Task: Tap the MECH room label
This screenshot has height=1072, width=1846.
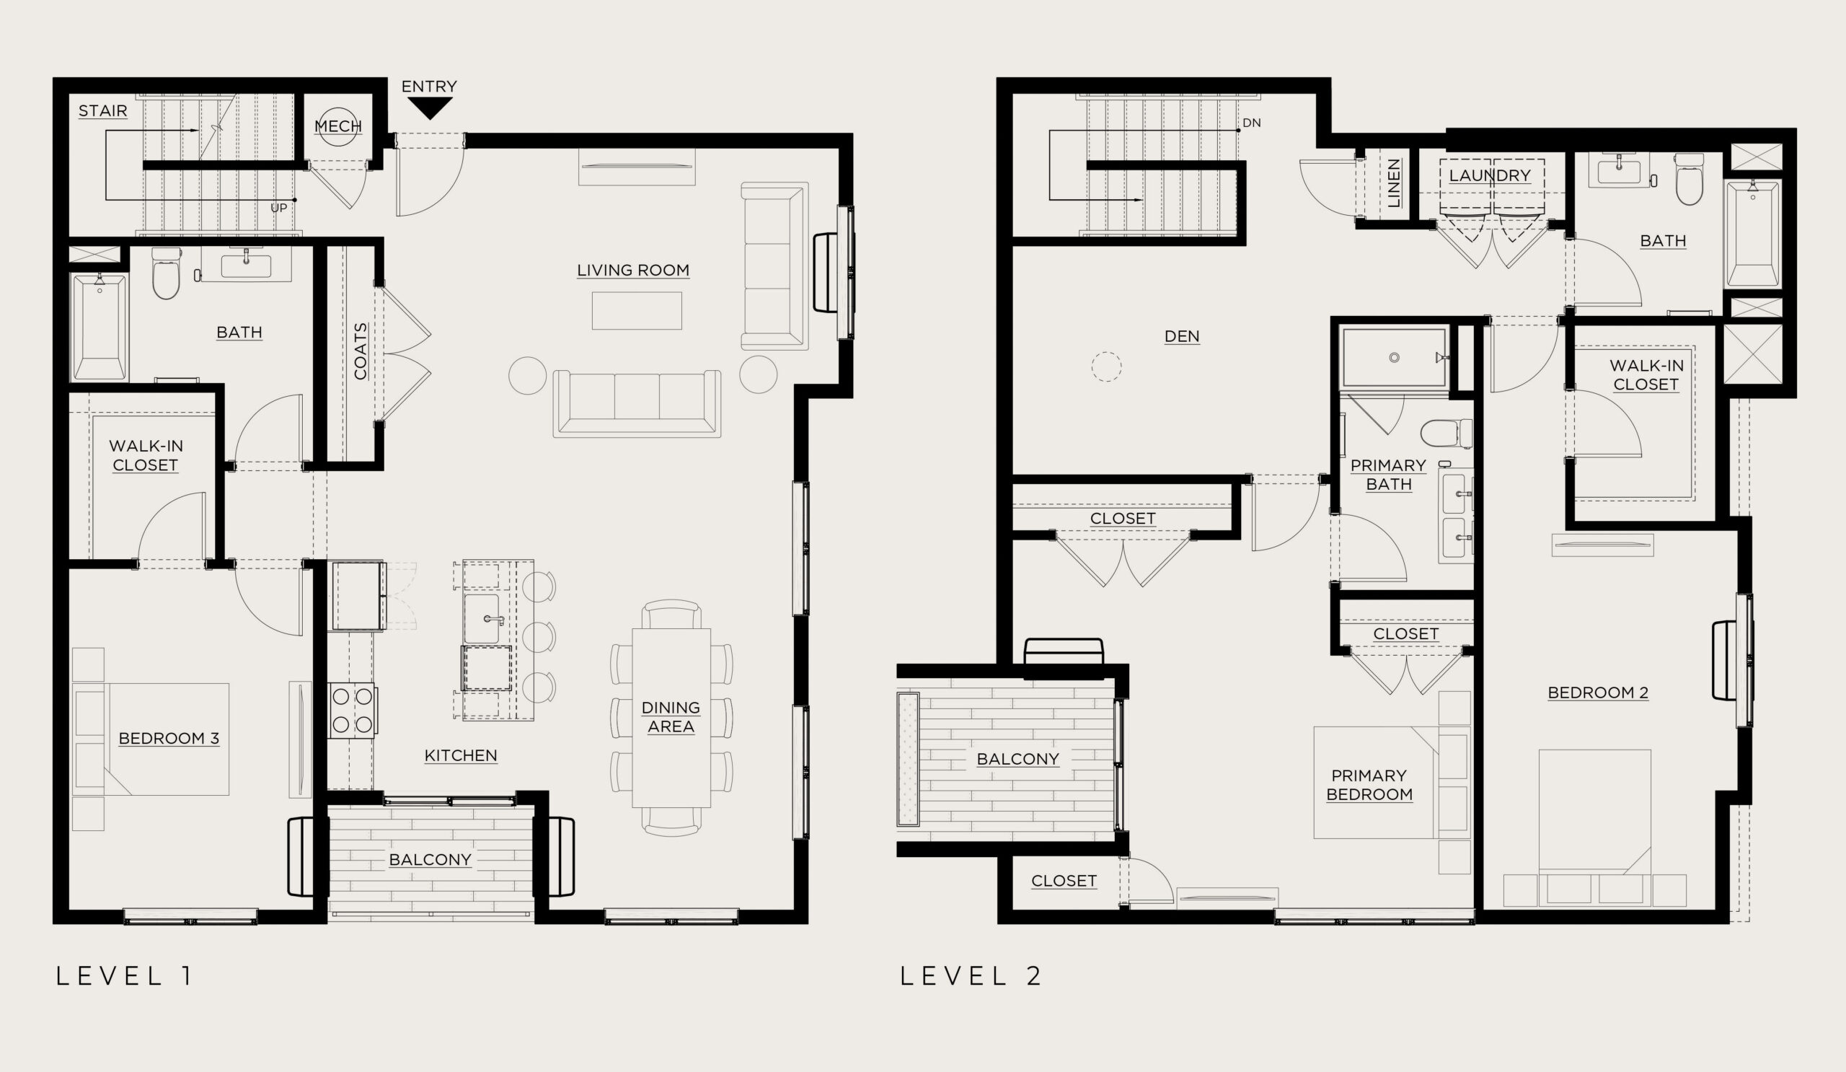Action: tap(337, 126)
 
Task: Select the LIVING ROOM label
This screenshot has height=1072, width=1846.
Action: tap(633, 271)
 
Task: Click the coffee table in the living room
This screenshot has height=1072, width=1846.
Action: tap(637, 311)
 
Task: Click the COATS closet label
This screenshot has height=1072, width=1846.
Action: tap(361, 351)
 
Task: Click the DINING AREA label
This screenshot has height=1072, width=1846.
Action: tap(671, 716)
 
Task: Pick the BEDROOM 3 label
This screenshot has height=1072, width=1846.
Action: tap(169, 738)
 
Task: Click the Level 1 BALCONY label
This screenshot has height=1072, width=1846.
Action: tap(430, 859)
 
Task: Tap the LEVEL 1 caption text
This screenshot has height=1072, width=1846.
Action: tap(125, 976)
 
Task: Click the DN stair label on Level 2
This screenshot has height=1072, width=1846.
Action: tap(1252, 123)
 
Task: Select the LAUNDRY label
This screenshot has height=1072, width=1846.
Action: tap(1490, 176)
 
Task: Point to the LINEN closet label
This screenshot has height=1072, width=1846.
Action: tap(1394, 183)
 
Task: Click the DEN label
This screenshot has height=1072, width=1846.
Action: tap(1182, 336)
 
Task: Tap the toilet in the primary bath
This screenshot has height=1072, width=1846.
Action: tap(1446, 433)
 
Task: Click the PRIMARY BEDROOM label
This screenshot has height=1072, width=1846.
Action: tap(1369, 785)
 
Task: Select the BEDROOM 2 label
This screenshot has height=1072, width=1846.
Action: tap(1598, 693)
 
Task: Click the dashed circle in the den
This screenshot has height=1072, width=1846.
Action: tap(1106, 366)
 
